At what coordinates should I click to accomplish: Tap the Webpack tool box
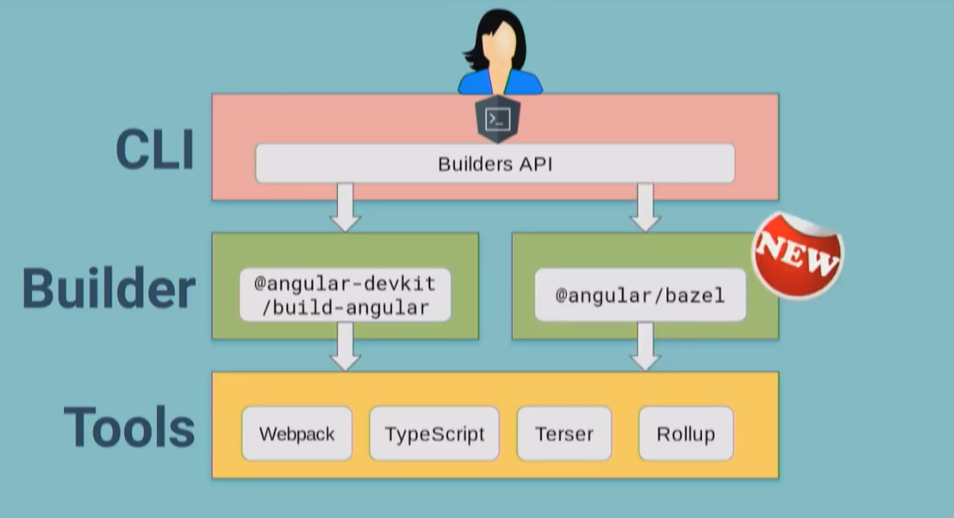click(x=297, y=434)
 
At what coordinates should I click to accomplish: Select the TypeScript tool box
click(x=434, y=434)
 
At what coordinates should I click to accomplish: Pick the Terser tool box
click(x=564, y=434)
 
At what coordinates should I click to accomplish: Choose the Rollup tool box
click(x=685, y=434)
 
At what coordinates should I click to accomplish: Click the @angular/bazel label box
click(x=640, y=296)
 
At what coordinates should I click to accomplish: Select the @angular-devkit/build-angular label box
click(x=345, y=296)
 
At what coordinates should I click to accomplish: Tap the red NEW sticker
click(x=796, y=255)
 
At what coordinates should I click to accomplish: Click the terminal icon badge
click(x=498, y=119)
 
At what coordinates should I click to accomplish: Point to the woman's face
click(x=500, y=43)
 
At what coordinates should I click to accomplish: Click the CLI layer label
click(x=155, y=150)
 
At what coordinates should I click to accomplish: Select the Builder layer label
click(x=109, y=289)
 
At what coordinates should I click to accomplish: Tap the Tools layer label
click(x=129, y=427)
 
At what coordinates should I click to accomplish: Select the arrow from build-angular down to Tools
click(x=345, y=348)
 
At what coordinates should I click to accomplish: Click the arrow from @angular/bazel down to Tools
click(x=645, y=348)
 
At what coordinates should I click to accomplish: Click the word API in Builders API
click(x=536, y=165)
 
